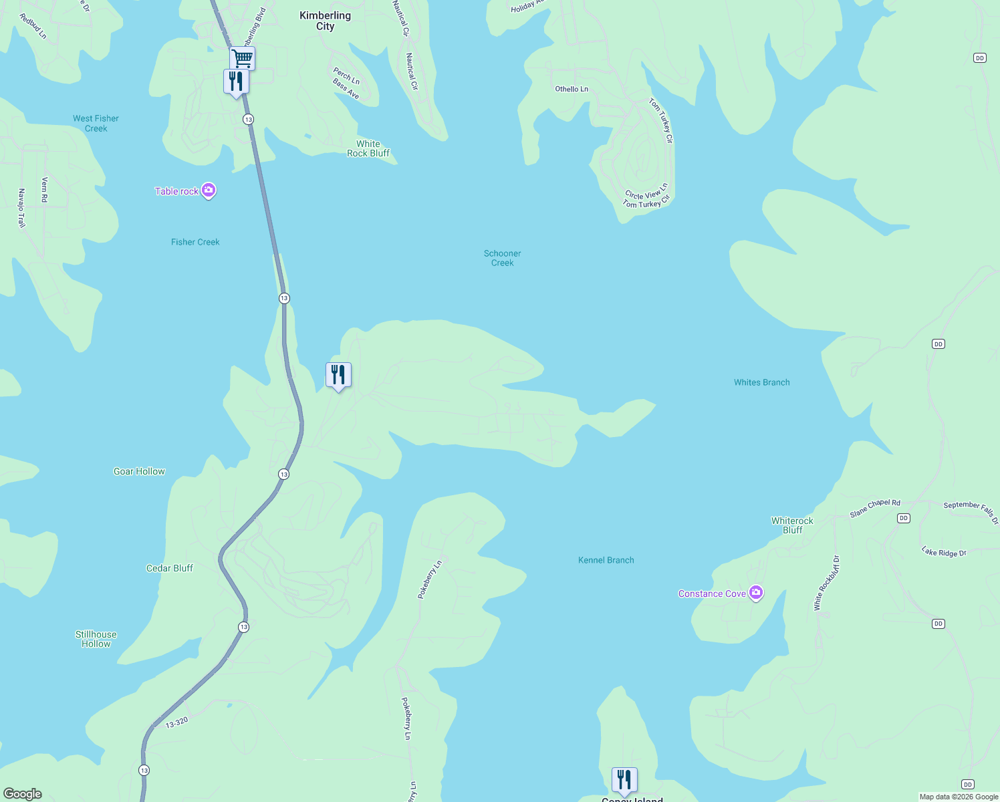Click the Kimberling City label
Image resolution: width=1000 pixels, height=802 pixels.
tap(325, 21)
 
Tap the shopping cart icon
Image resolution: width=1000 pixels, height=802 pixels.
tap(242, 58)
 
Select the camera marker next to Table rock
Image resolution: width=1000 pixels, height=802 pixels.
tap(209, 191)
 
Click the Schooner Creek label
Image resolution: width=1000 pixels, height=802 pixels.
tap(502, 258)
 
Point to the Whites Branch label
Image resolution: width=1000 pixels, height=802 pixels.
tap(761, 382)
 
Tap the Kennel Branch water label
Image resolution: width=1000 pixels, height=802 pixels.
tap(606, 560)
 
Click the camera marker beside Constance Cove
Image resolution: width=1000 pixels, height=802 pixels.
tap(756, 593)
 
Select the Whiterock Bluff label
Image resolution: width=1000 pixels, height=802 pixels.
tap(792, 525)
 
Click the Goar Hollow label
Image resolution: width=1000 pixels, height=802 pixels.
tap(139, 471)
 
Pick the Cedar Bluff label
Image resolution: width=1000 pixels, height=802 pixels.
tap(170, 568)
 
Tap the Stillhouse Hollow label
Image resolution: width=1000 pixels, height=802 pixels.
tap(96, 639)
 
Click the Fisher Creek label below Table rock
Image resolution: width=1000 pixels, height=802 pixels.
tap(195, 242)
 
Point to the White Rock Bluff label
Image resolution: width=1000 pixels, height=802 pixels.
tap(368, 148)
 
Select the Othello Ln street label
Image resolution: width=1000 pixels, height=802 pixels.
tap(572, 89)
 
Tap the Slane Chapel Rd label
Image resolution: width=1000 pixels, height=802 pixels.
tap(875, 508)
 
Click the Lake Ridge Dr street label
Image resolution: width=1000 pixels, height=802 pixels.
tap(944, 552)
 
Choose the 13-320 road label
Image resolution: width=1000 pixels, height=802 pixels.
tap(176, 722)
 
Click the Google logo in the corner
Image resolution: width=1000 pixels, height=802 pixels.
tap(23, 794)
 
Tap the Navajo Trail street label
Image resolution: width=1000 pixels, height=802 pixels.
tap(21, 208)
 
